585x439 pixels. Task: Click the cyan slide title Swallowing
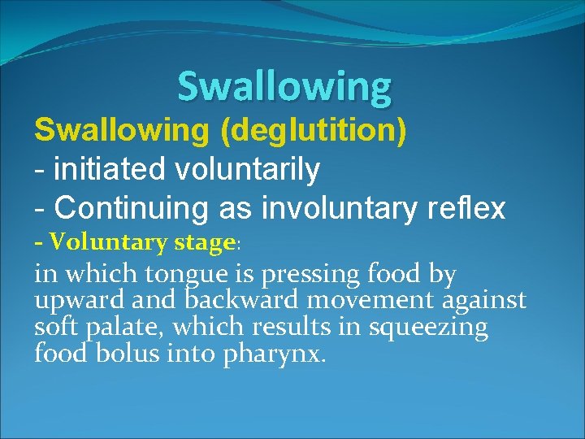point(284,85)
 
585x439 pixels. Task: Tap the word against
point(484,301)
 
